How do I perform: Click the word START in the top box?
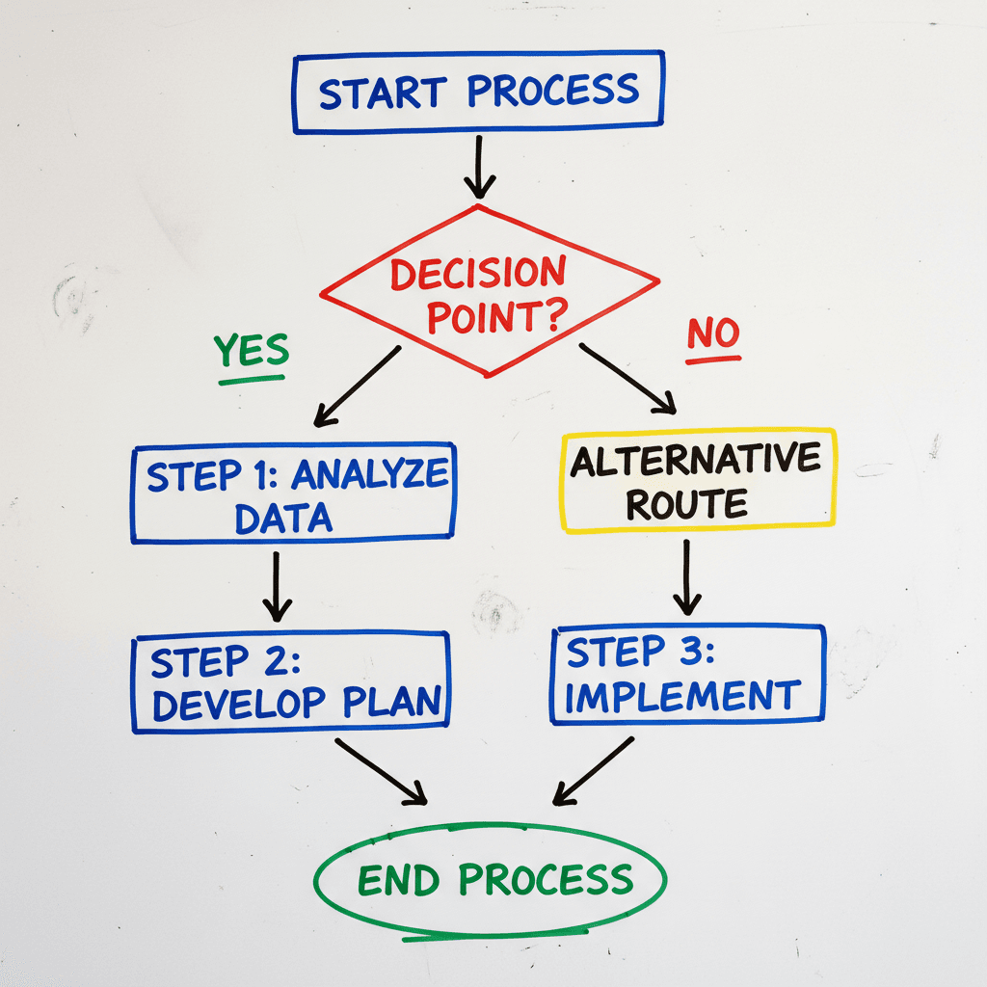383,93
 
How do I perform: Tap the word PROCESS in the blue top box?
552,91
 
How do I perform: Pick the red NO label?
713,334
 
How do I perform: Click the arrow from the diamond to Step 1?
357,386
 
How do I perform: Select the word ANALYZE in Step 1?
370,475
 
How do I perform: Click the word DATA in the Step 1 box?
283,519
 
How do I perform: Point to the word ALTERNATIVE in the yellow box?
695,460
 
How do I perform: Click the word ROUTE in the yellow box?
687,503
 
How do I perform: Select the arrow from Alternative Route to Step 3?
686,575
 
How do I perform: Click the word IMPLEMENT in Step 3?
682,696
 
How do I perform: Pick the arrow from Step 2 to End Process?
380,770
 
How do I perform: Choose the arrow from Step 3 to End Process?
594,770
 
